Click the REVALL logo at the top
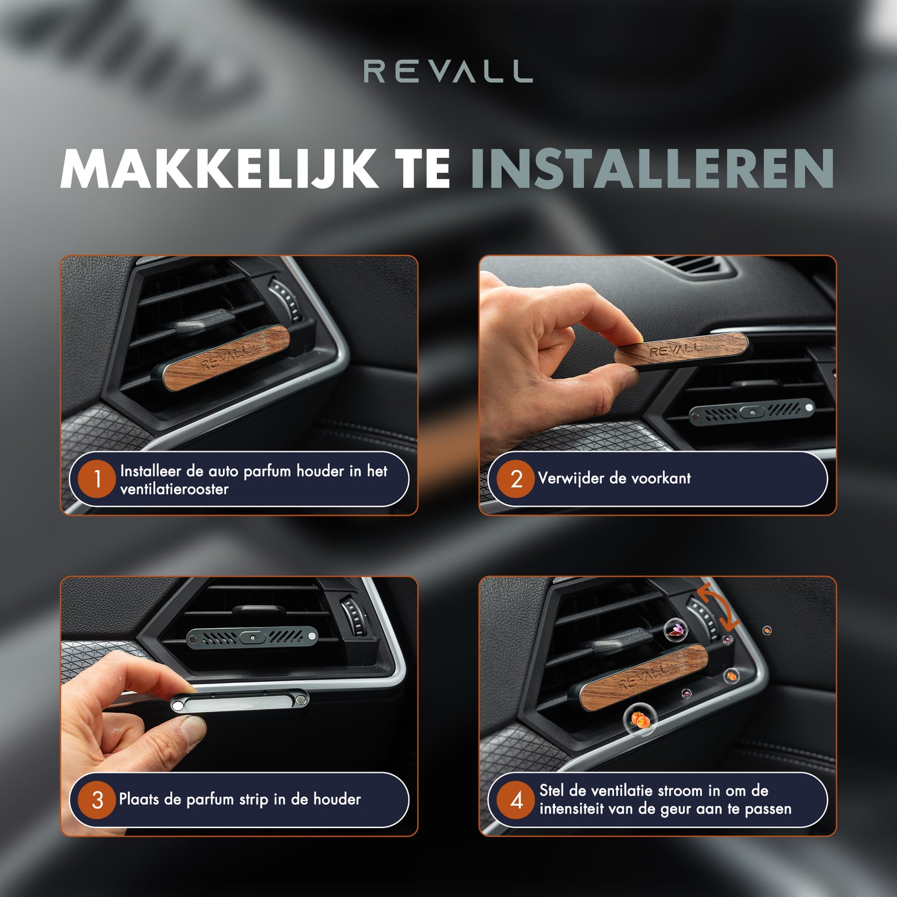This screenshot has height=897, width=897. click(448, 71)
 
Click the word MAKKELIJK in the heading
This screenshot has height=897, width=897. click(220, 169)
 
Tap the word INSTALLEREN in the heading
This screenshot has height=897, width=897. click(652, 169)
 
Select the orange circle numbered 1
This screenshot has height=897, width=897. click(97, 479)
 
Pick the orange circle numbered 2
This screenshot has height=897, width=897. click(516, 479)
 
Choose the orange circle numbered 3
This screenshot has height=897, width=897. click(97, 800)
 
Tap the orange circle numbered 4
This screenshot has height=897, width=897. click(516, 800)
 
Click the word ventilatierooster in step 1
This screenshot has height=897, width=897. click(174, 489)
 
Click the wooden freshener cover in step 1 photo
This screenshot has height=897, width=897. click(226, 357)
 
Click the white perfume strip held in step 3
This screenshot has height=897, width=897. click(239, 701)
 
